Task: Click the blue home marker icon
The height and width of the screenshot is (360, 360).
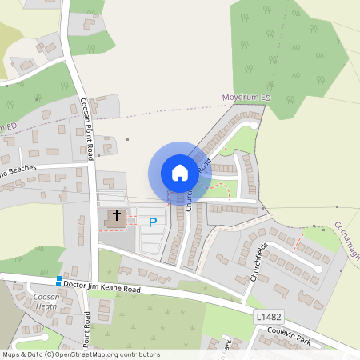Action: click(179, 173)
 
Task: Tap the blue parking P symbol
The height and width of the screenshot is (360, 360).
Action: click(153, 220)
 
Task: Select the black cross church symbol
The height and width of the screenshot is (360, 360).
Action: click(117, 215)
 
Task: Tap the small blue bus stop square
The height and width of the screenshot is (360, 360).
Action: click(58, 282)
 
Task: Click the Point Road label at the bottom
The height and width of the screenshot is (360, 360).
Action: click(86, 329)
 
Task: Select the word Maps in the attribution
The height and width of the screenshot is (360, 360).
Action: click(10, 354)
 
